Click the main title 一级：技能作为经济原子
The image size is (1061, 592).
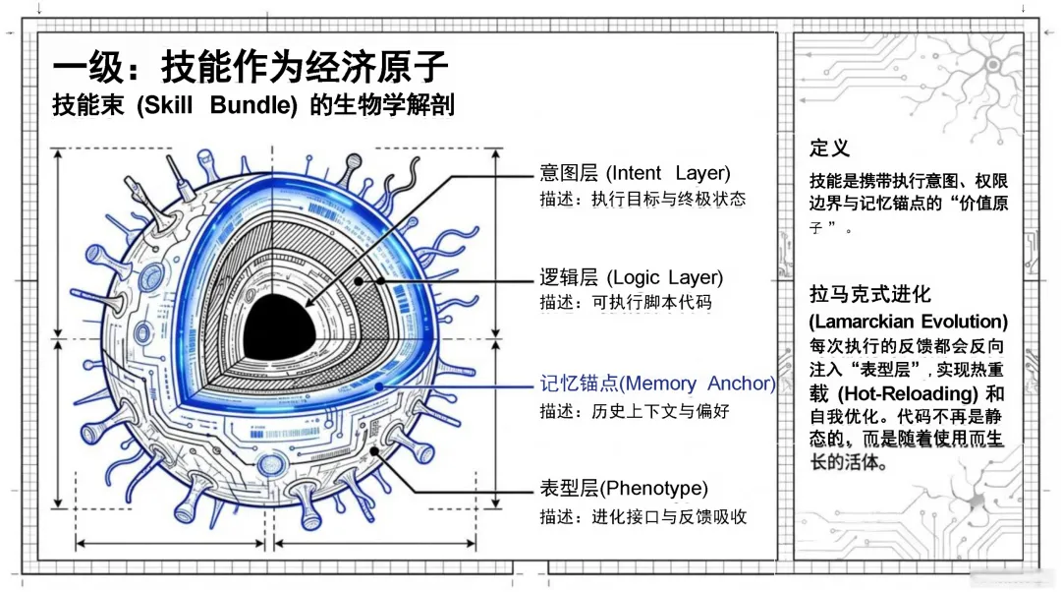[251, 67]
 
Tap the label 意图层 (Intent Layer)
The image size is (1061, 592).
[635, 173]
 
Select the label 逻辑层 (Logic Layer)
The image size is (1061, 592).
[631, 277]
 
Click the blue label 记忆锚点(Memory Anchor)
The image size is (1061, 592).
[657, 384]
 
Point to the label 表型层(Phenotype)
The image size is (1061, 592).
[623, 488]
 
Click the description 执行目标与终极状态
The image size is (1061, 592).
[668, 199]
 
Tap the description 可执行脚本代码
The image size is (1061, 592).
[651, 303]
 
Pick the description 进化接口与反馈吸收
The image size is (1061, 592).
[669, 516]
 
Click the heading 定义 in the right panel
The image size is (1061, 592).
[829, 148]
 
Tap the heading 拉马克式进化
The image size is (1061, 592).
[869, 294]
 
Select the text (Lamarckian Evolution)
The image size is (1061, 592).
[908, 322]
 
